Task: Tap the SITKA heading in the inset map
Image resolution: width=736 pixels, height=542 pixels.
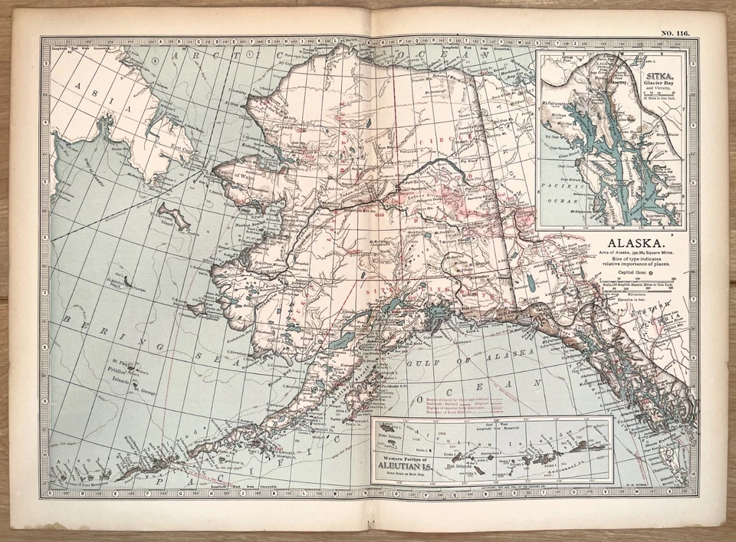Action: (659, 77)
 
